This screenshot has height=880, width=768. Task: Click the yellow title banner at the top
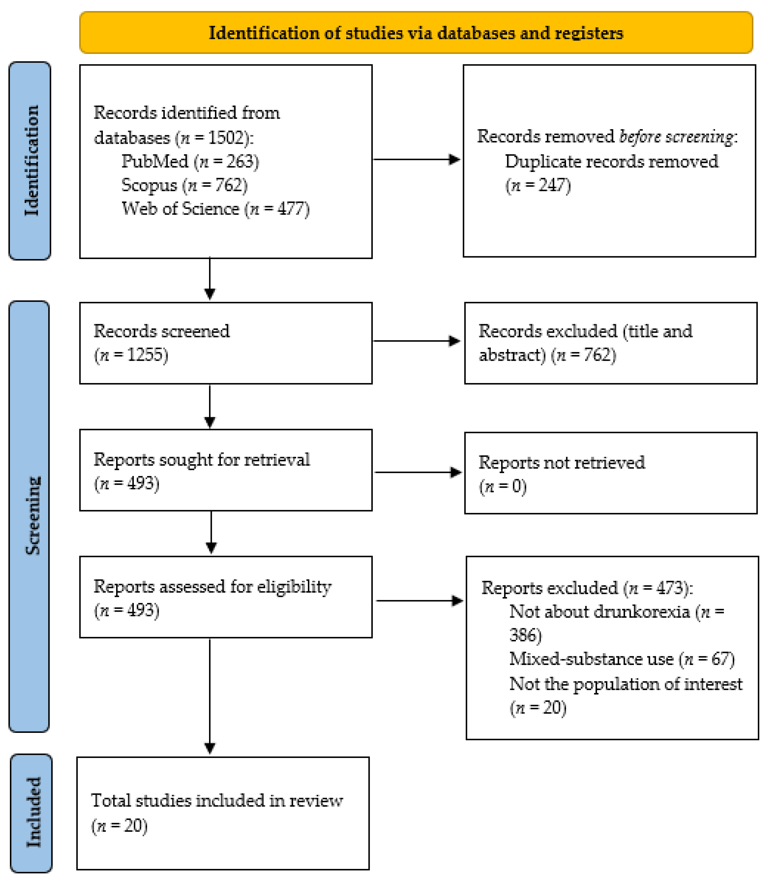[416, 33]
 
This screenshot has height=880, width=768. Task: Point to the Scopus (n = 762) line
[184, 185]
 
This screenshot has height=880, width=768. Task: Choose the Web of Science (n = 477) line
[215, 209]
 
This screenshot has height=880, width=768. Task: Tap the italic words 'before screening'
[676, 136]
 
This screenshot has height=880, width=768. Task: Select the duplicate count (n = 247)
[538, 185]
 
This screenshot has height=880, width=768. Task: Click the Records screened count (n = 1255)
[131, 355]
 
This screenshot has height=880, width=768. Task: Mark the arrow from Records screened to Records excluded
[417, 341]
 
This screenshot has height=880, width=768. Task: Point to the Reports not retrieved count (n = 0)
[503, 486]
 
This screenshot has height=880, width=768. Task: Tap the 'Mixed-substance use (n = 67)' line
[621, 659]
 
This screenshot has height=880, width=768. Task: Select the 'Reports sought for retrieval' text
[201, 459]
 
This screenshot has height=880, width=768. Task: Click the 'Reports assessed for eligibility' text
[212, 586]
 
